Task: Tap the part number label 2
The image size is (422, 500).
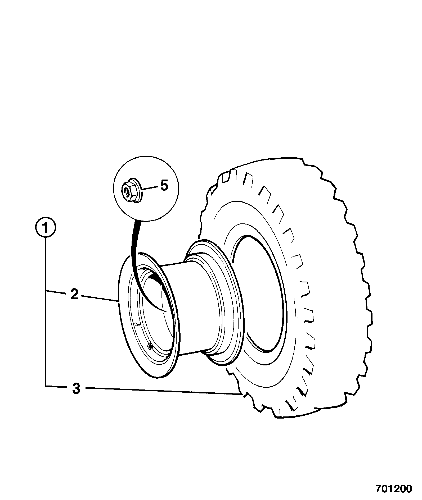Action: pos(74,295)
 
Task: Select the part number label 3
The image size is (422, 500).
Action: pos(76,389)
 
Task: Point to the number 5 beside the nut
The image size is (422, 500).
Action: pos(164,185)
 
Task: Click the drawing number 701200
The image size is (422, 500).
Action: pos(393,489)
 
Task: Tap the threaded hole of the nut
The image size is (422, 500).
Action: pos(127,190)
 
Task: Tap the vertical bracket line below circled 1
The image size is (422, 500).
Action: pos(46,312)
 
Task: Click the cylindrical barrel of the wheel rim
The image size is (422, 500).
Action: pos(185,307)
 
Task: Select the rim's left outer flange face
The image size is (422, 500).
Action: pos(124,317)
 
